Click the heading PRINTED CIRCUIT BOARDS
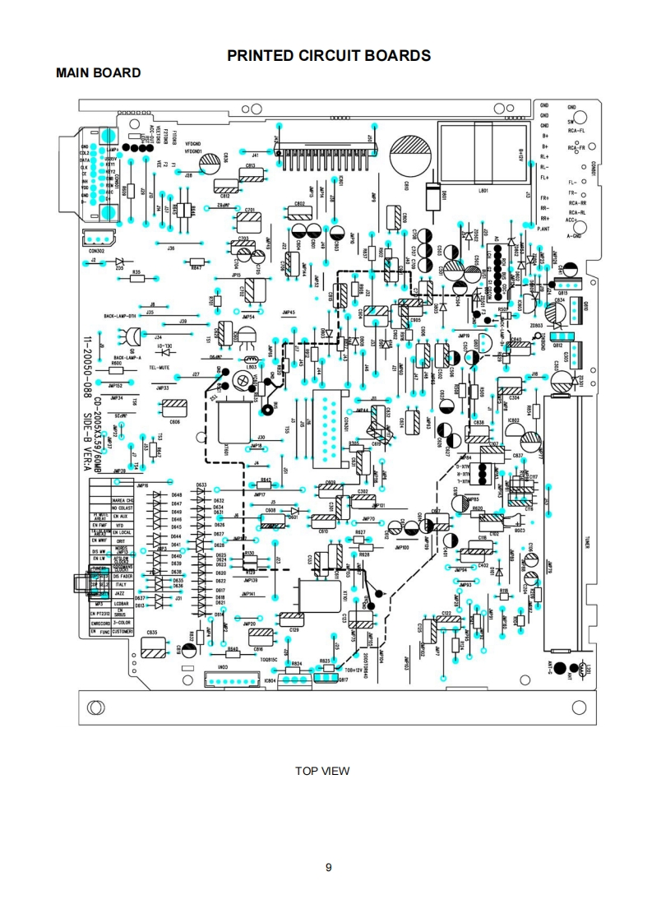[x=329, y=56]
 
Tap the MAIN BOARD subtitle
[x=98, y=73]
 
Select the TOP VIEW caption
[x=322, y=771]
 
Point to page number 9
[x=328, y=866]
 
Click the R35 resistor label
[x=136, y=271]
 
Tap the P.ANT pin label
[x=543, y=228]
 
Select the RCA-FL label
[x=576, y=131]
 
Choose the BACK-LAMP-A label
[x=127, y=358]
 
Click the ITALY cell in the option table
[x=120, y=584]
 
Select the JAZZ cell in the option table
[x=120, y=593]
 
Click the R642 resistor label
[x=266, y=479]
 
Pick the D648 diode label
[x=176, y=495]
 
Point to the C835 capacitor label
[x=151, y=632]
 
